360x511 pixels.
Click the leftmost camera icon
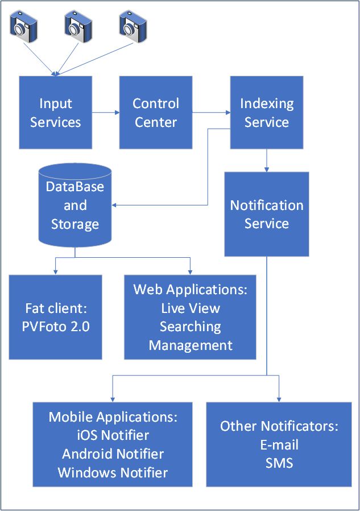[24, 26]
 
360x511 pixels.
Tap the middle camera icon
[78, 25]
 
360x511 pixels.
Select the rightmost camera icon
[133, 25]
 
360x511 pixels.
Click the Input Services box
[56, 113]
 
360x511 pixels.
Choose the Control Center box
[155, 113]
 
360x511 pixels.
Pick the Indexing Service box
[266, 113]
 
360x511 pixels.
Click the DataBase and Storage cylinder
[75, 205]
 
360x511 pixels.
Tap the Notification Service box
[266, 214]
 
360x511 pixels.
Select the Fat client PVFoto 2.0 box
[56, 318]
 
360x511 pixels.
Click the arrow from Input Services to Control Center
[105, 113]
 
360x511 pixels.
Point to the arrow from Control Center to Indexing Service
[210, 113]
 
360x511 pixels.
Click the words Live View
[190, 308]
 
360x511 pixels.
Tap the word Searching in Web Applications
[190, 327]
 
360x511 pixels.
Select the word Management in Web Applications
[190, 345]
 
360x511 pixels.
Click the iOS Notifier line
[113, 435]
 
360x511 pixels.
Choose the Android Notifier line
[113, 454]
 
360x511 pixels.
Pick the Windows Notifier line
[113, 472]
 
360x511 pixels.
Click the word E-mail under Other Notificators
[279, 444]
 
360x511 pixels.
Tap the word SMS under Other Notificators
[279, 463]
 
